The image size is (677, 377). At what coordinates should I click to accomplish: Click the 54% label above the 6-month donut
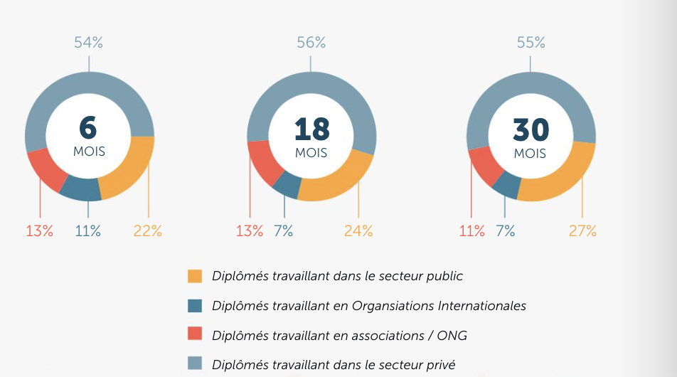[x=89, y=43]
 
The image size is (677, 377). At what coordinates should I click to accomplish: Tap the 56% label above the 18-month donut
[x=311, y=43]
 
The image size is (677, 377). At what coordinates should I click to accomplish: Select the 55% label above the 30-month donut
[x=531, y=43]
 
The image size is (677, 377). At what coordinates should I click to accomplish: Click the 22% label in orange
[x=148, y=231]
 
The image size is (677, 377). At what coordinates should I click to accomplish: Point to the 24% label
[x=358, y=231]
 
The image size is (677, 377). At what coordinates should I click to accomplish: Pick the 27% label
[x=582, y=231]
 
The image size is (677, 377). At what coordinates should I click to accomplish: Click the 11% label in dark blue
[x=88, y=231]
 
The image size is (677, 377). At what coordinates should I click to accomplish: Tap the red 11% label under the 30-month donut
[x=472, y=231]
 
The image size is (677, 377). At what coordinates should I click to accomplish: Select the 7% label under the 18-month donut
[x=283, y=231]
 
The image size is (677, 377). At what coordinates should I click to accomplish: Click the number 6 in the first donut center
[x=89, y=129]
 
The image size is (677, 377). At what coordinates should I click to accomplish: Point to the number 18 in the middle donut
[x=311, y=129]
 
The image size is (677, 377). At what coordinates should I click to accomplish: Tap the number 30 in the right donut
[x=531, y=129]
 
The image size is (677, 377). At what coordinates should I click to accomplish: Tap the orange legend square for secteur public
[x=195, y=276]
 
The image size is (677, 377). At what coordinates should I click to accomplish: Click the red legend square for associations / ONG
[x=195, y=335]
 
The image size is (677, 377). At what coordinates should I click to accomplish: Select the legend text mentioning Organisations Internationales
[x=369, y=306]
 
